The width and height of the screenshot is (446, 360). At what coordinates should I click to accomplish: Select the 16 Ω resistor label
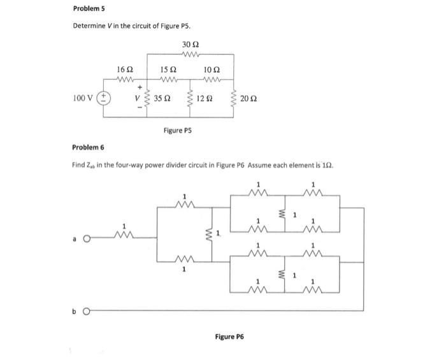point(126,68)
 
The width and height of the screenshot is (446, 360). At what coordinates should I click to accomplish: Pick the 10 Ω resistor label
point(212,68)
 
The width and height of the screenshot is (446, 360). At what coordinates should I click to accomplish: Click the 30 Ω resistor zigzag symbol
point(191,54)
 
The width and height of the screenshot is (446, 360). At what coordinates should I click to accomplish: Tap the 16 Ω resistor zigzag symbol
point(126,79)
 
